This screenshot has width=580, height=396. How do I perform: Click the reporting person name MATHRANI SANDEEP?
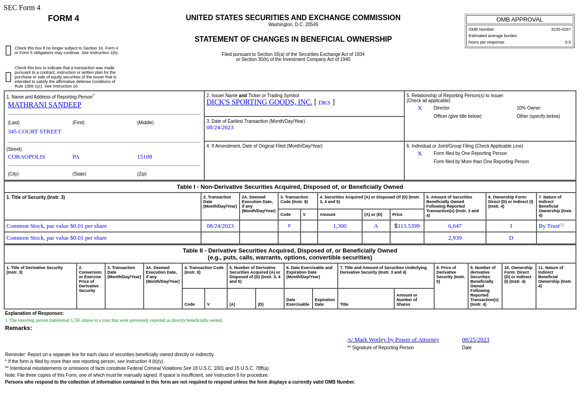pyautogui.click(x=45, y=105)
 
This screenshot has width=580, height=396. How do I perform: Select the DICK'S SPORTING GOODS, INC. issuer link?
pyautogui.click(x=259, y=102)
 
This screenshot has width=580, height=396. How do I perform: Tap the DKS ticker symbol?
pyautogui.click(x=324, y=103)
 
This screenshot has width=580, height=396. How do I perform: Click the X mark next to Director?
pyautogui.click(x=420, y=108)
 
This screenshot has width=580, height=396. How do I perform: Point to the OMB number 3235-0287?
pyautogui.click(x=561, y=29)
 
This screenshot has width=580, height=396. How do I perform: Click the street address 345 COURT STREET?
pyautogui.click(x=34, y=132)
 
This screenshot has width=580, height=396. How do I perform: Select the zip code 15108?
pyautogui.click(x=145, y=157)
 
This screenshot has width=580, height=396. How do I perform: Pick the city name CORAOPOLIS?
pyautogui.click(x=27, y=157)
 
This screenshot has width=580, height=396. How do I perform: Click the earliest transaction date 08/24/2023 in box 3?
pyautogui.click(x=220, y=127)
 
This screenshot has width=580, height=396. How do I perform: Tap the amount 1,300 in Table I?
pyautogui.click(x=340, y=226)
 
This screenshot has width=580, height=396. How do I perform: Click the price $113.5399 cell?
pyautogui.click(x=407, y=226)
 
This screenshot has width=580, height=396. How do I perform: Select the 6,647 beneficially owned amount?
pyautogui.click(x=455, y=226)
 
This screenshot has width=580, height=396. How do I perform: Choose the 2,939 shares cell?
pyautogui.click(x=455, y=238)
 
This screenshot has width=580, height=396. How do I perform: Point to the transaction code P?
pyautogui.click(x=289, y=226)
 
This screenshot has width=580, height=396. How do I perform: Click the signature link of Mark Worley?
pyautogui.click(x=393, y=340)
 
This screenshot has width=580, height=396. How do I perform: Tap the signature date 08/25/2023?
pyautogui.click(x=475, y=340)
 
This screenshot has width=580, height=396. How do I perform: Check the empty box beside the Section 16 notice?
pyautogui.click(x=8, y=50)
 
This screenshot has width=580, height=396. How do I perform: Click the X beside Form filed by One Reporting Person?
pyautogui.click(x=420, y=154)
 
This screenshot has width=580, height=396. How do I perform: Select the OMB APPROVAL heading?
pyautogui.click(x=519, y=19)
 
